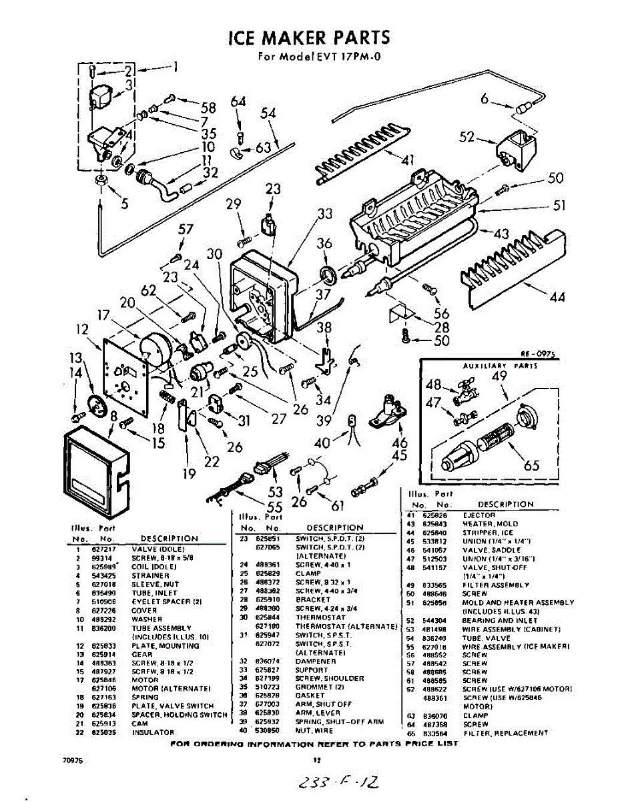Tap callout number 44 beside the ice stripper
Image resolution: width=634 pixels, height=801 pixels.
[x=557, y=297]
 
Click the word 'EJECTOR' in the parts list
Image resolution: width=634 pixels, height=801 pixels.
[x=479, y=515]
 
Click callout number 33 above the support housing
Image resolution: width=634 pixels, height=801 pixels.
[x=324, y=214]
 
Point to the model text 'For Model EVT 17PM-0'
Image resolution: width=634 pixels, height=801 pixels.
[x=319, y=57]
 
